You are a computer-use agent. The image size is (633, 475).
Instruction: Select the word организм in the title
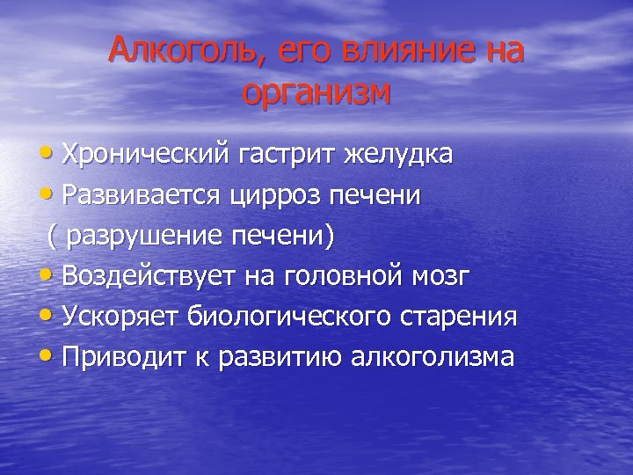316,92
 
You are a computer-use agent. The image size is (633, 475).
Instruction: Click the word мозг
440,277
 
